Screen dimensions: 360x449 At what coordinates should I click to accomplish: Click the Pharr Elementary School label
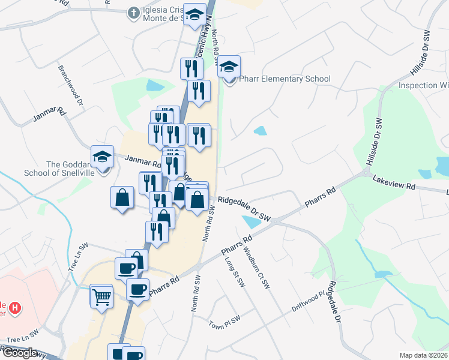tap(285, 79)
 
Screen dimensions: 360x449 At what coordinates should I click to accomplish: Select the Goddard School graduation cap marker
tap(103, 158)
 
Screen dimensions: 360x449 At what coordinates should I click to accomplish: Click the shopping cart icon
tap(101, 296)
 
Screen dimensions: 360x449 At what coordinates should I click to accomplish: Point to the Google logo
tap(19, 352)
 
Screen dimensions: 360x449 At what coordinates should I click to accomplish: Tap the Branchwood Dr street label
tap(70, 85)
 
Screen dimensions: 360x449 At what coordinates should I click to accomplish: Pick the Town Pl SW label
tap(224, 322)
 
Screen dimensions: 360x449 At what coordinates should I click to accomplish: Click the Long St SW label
tap(235, 272)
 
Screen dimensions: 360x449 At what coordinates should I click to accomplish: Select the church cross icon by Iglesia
tap(133, 12)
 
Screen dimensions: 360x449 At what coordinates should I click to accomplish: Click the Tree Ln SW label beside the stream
tap(78, 257)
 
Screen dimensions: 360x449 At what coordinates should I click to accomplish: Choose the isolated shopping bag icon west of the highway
tap(122, 197)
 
